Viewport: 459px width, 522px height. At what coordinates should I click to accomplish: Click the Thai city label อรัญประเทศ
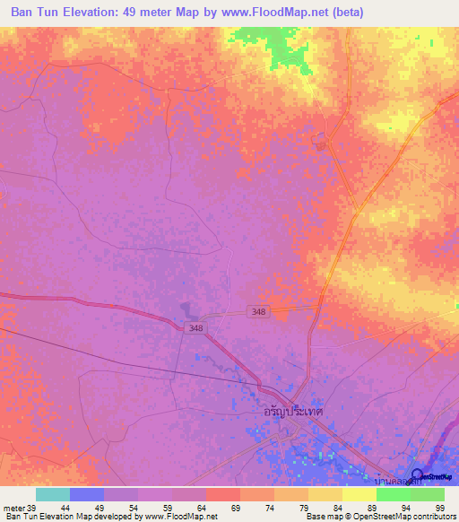(x=292, y=410)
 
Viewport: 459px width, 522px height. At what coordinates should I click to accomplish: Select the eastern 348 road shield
(x=259, y=310)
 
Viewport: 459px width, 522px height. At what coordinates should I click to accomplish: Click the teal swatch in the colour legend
(x=52, y=494)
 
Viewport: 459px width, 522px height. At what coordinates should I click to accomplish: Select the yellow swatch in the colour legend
(x=359, y=494)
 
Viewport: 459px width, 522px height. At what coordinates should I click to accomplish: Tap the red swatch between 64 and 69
(x=222, y=494)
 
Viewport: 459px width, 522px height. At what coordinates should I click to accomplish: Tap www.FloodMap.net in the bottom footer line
(x=181, y=517)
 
